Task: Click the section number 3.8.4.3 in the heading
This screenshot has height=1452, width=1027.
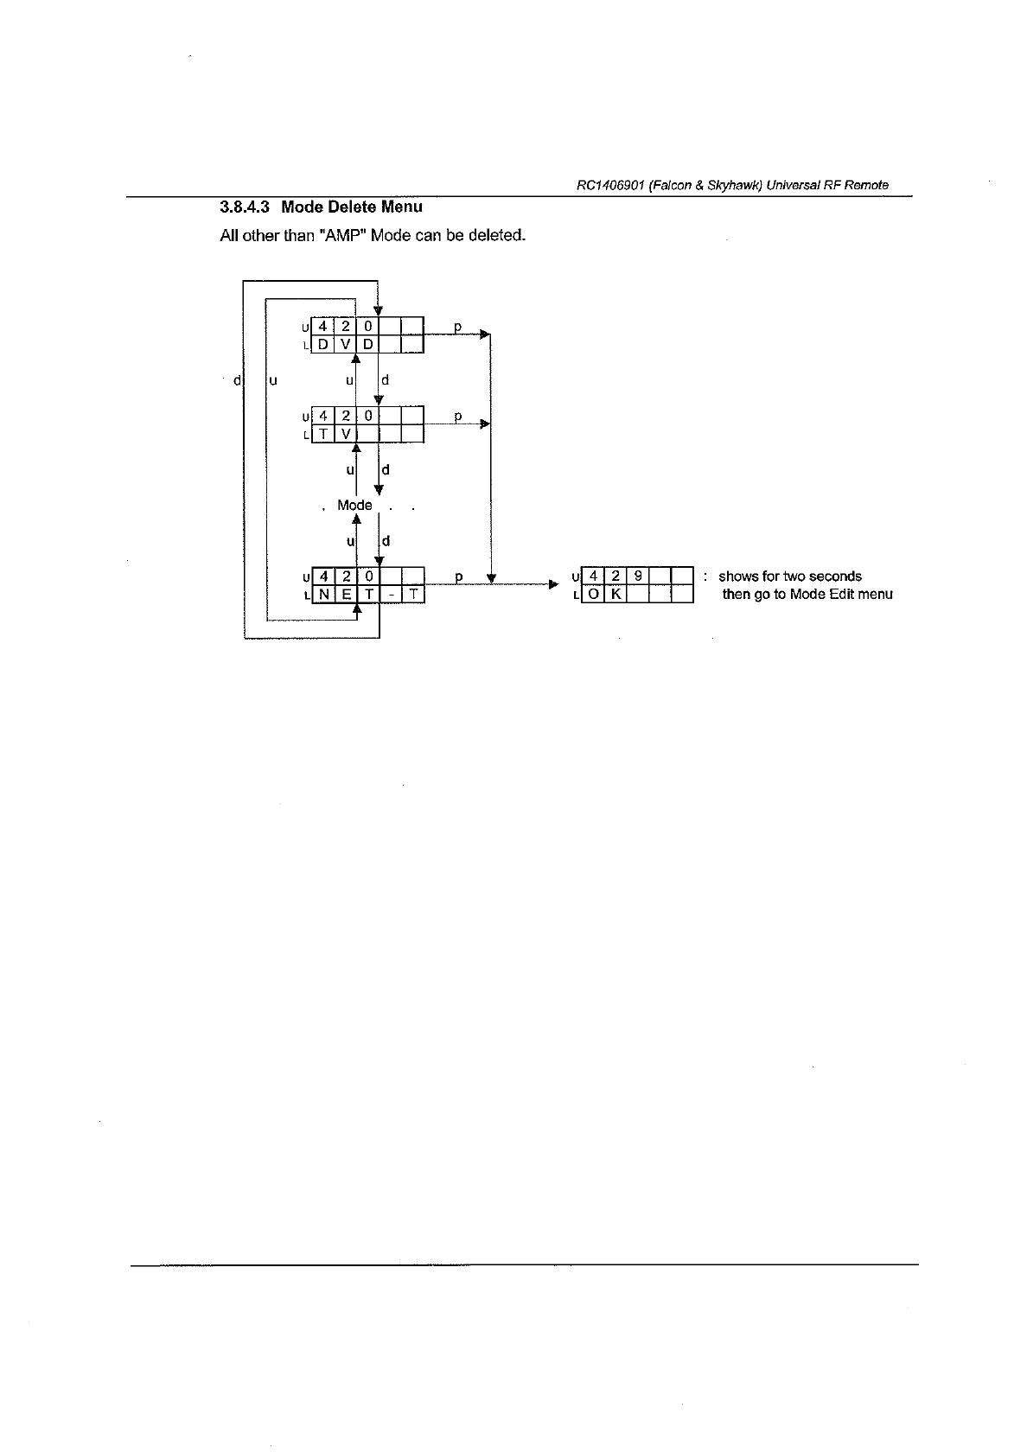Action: tap(245, 207)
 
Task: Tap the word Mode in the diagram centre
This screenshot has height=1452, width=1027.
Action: tap(354, 505)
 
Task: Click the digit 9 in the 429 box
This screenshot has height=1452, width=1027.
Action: tap(638, 576)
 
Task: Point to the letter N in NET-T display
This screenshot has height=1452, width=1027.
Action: tap(322, 595)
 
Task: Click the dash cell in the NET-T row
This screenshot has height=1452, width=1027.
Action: tap(392, 595)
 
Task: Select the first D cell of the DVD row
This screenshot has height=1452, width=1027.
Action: tap(322, 345)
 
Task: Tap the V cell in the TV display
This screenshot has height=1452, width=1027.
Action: tap(344, 434)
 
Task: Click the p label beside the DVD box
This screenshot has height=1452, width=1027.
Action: tap(458, 328)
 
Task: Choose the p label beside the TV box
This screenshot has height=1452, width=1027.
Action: tap(458, 417)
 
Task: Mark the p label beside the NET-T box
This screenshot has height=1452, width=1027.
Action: tap(458, 576)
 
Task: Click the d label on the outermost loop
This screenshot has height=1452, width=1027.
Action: tap(237, 379)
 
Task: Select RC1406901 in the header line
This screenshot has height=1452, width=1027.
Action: tap(610, 186)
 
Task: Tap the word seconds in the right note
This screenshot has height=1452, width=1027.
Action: tap(835, 576)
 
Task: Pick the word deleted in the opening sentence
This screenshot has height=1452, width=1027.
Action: tap(495, 235)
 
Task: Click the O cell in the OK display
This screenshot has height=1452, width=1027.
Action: tap(594, 595)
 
